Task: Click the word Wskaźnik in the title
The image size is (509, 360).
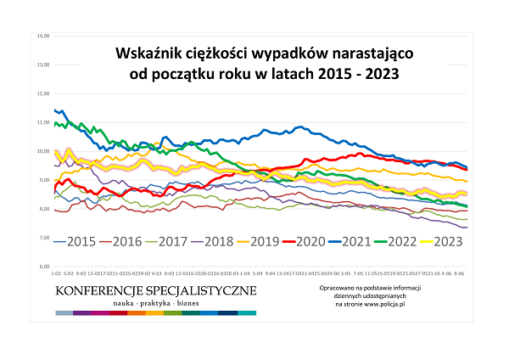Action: click(150, 53)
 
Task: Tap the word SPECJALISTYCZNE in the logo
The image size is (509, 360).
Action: click(201, 291)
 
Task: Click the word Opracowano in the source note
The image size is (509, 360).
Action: click(333, 288)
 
